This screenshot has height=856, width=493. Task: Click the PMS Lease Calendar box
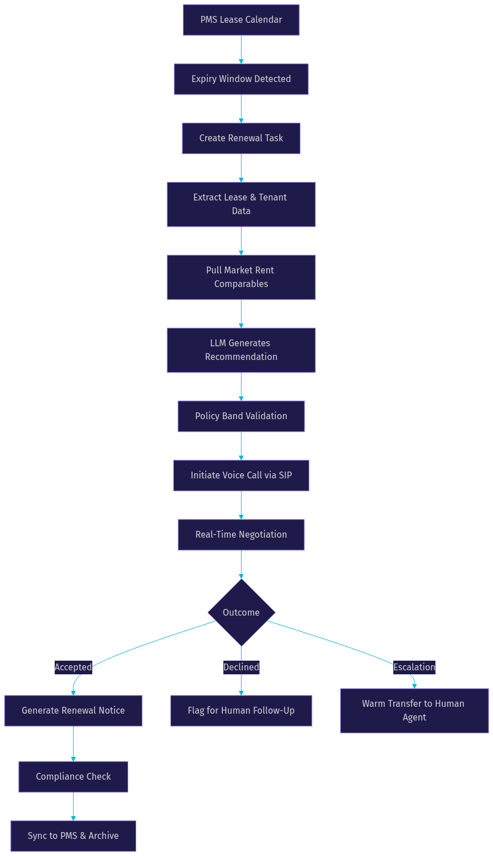[241, 20]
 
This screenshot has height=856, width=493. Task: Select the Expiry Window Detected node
[241, 79]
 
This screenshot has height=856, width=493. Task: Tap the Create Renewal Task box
[241, 138]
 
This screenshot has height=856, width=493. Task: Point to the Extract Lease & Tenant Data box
[241, 204]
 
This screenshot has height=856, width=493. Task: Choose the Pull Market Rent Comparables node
[241, 277]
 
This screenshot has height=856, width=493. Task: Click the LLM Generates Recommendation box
[241, 350]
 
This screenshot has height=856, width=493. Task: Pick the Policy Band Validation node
[241, 416]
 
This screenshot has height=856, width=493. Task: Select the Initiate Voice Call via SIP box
[241, 476]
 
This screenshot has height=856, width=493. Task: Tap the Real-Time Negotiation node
[241, 535]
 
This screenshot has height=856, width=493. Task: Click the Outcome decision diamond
[241, 612]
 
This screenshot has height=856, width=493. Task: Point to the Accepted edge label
[74, 667]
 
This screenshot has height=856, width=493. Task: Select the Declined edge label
[241, 667]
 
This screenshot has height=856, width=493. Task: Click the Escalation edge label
[414, 667]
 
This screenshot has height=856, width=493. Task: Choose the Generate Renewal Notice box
[73, 711]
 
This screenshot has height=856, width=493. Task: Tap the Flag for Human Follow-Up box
[241, 711]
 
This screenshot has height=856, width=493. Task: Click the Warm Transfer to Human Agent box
[414, 711]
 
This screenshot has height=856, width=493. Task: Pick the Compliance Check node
[73, 777]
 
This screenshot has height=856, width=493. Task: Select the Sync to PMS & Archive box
[73, 836]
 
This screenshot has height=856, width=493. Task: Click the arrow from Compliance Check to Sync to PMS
[74, 806]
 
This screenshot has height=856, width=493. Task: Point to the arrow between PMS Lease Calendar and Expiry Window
[241, 50]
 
